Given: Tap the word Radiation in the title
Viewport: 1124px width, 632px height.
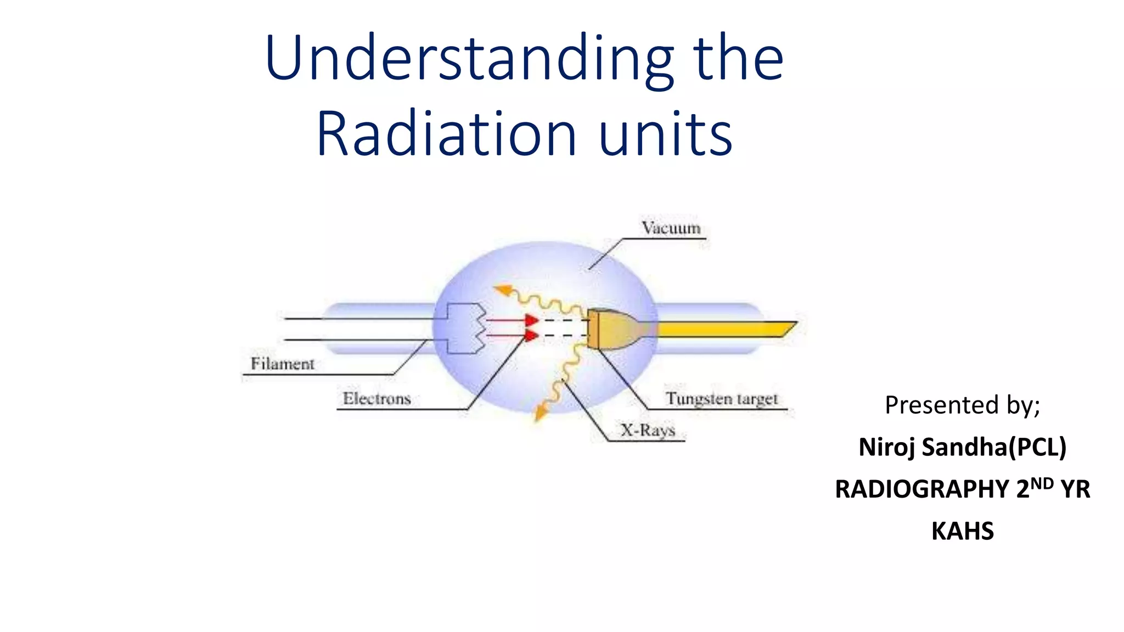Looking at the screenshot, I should tap(446, 135).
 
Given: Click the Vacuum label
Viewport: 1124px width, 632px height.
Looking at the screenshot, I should tap(671, 228).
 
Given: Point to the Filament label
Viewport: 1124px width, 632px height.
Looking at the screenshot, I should tap(282, 364).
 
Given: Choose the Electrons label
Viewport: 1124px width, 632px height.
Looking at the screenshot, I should tap(376, 399).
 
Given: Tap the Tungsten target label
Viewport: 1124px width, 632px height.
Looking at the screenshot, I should tap(722, 399).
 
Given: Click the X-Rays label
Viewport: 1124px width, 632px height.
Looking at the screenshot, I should tap(648, 430).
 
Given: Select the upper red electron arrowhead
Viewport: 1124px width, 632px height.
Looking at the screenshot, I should tap(531, 320).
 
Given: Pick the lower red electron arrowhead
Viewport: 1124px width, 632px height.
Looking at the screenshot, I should tap(531, 335).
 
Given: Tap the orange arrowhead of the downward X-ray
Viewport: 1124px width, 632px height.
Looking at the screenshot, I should tap(541, 413).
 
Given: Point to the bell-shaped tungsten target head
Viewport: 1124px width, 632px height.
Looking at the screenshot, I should tap(612, 329).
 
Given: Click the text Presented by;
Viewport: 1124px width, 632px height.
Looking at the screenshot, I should tap(962, 405).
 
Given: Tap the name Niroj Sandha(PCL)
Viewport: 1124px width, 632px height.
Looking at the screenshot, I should tap(962, 447).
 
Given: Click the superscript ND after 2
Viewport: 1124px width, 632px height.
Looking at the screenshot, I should tap(1042, 483).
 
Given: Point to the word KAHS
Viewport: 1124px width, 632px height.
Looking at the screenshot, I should tap(962, 531).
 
